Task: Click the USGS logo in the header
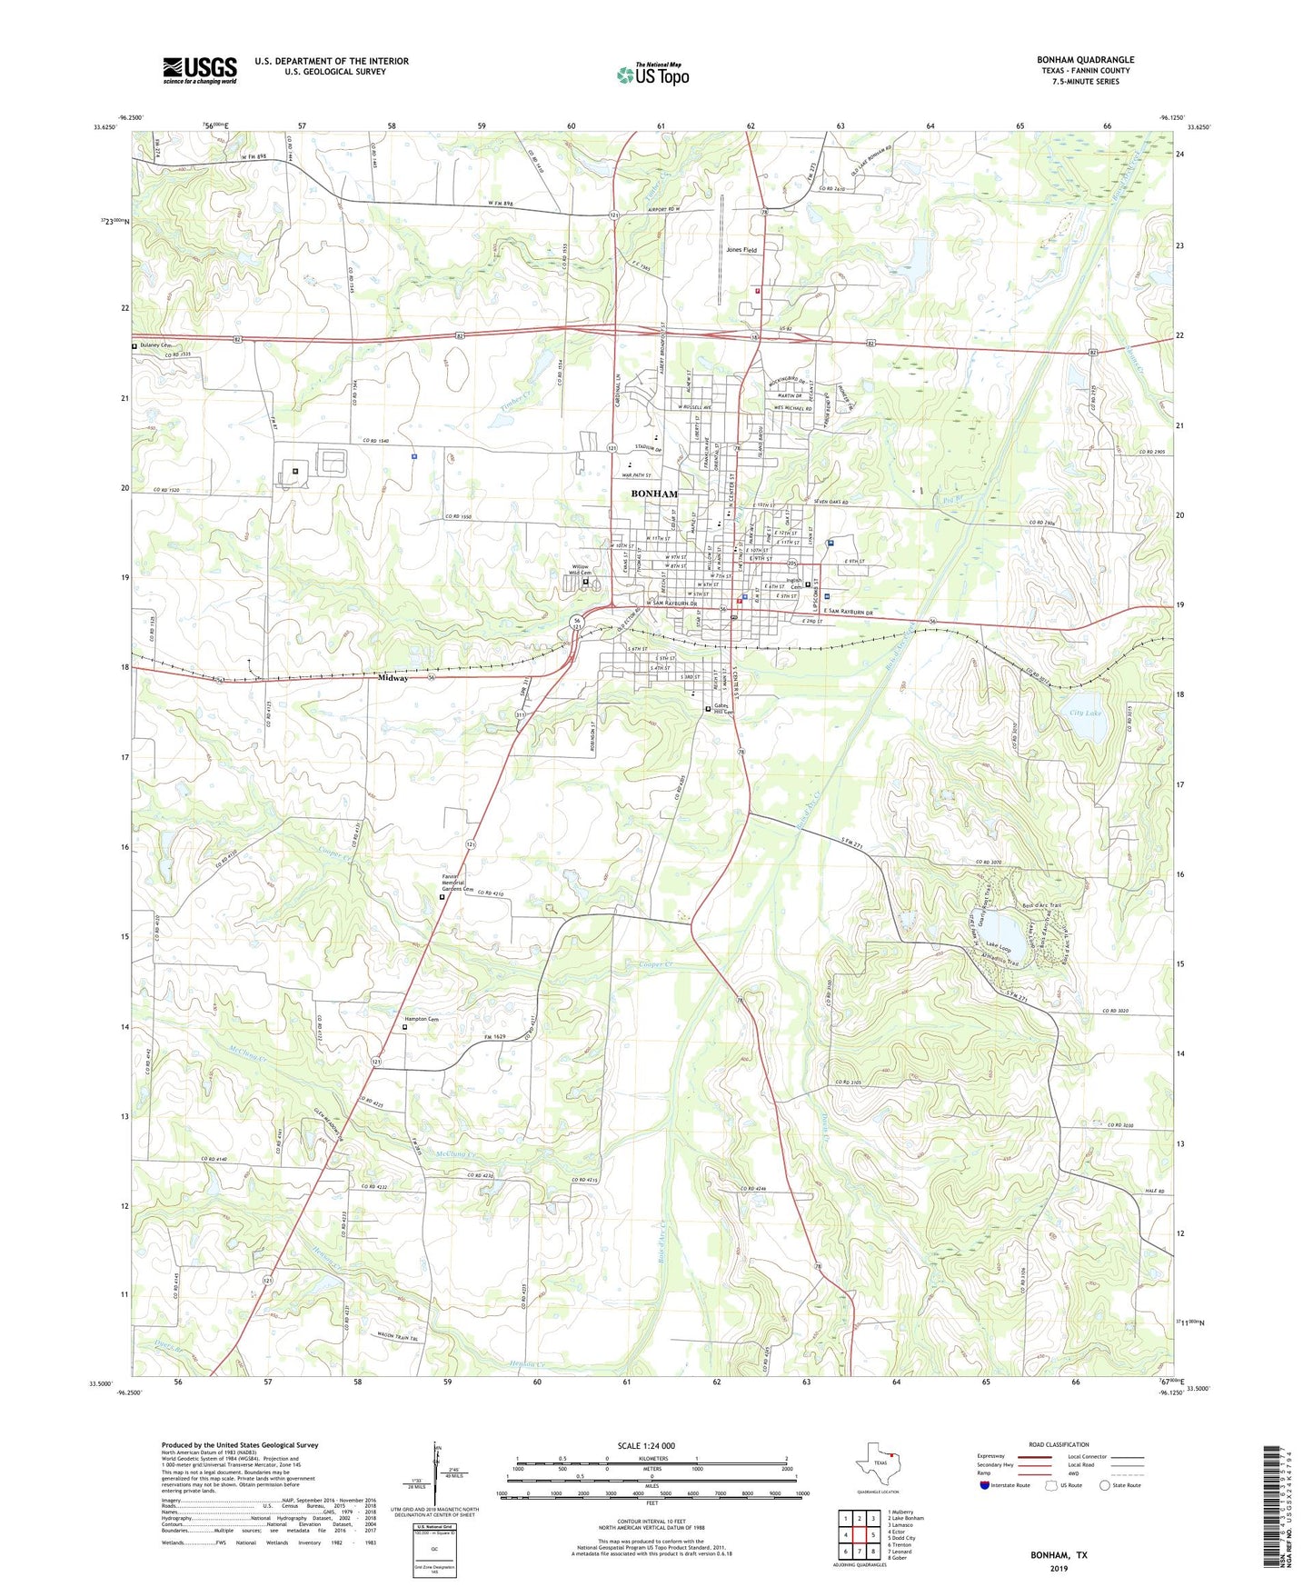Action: (200, 69)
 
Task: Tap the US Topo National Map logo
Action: (652, 75)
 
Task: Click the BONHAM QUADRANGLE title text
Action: (1085, 60)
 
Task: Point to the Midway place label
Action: (393, 678)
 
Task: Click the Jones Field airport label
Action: (741, 250)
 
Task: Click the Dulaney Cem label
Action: (155, 345)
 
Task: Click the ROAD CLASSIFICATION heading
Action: (1059, 1444)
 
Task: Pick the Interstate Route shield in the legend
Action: (986, 1485)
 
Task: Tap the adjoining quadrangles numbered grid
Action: (859, 1535)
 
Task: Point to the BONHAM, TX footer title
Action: (1058, 1555)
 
